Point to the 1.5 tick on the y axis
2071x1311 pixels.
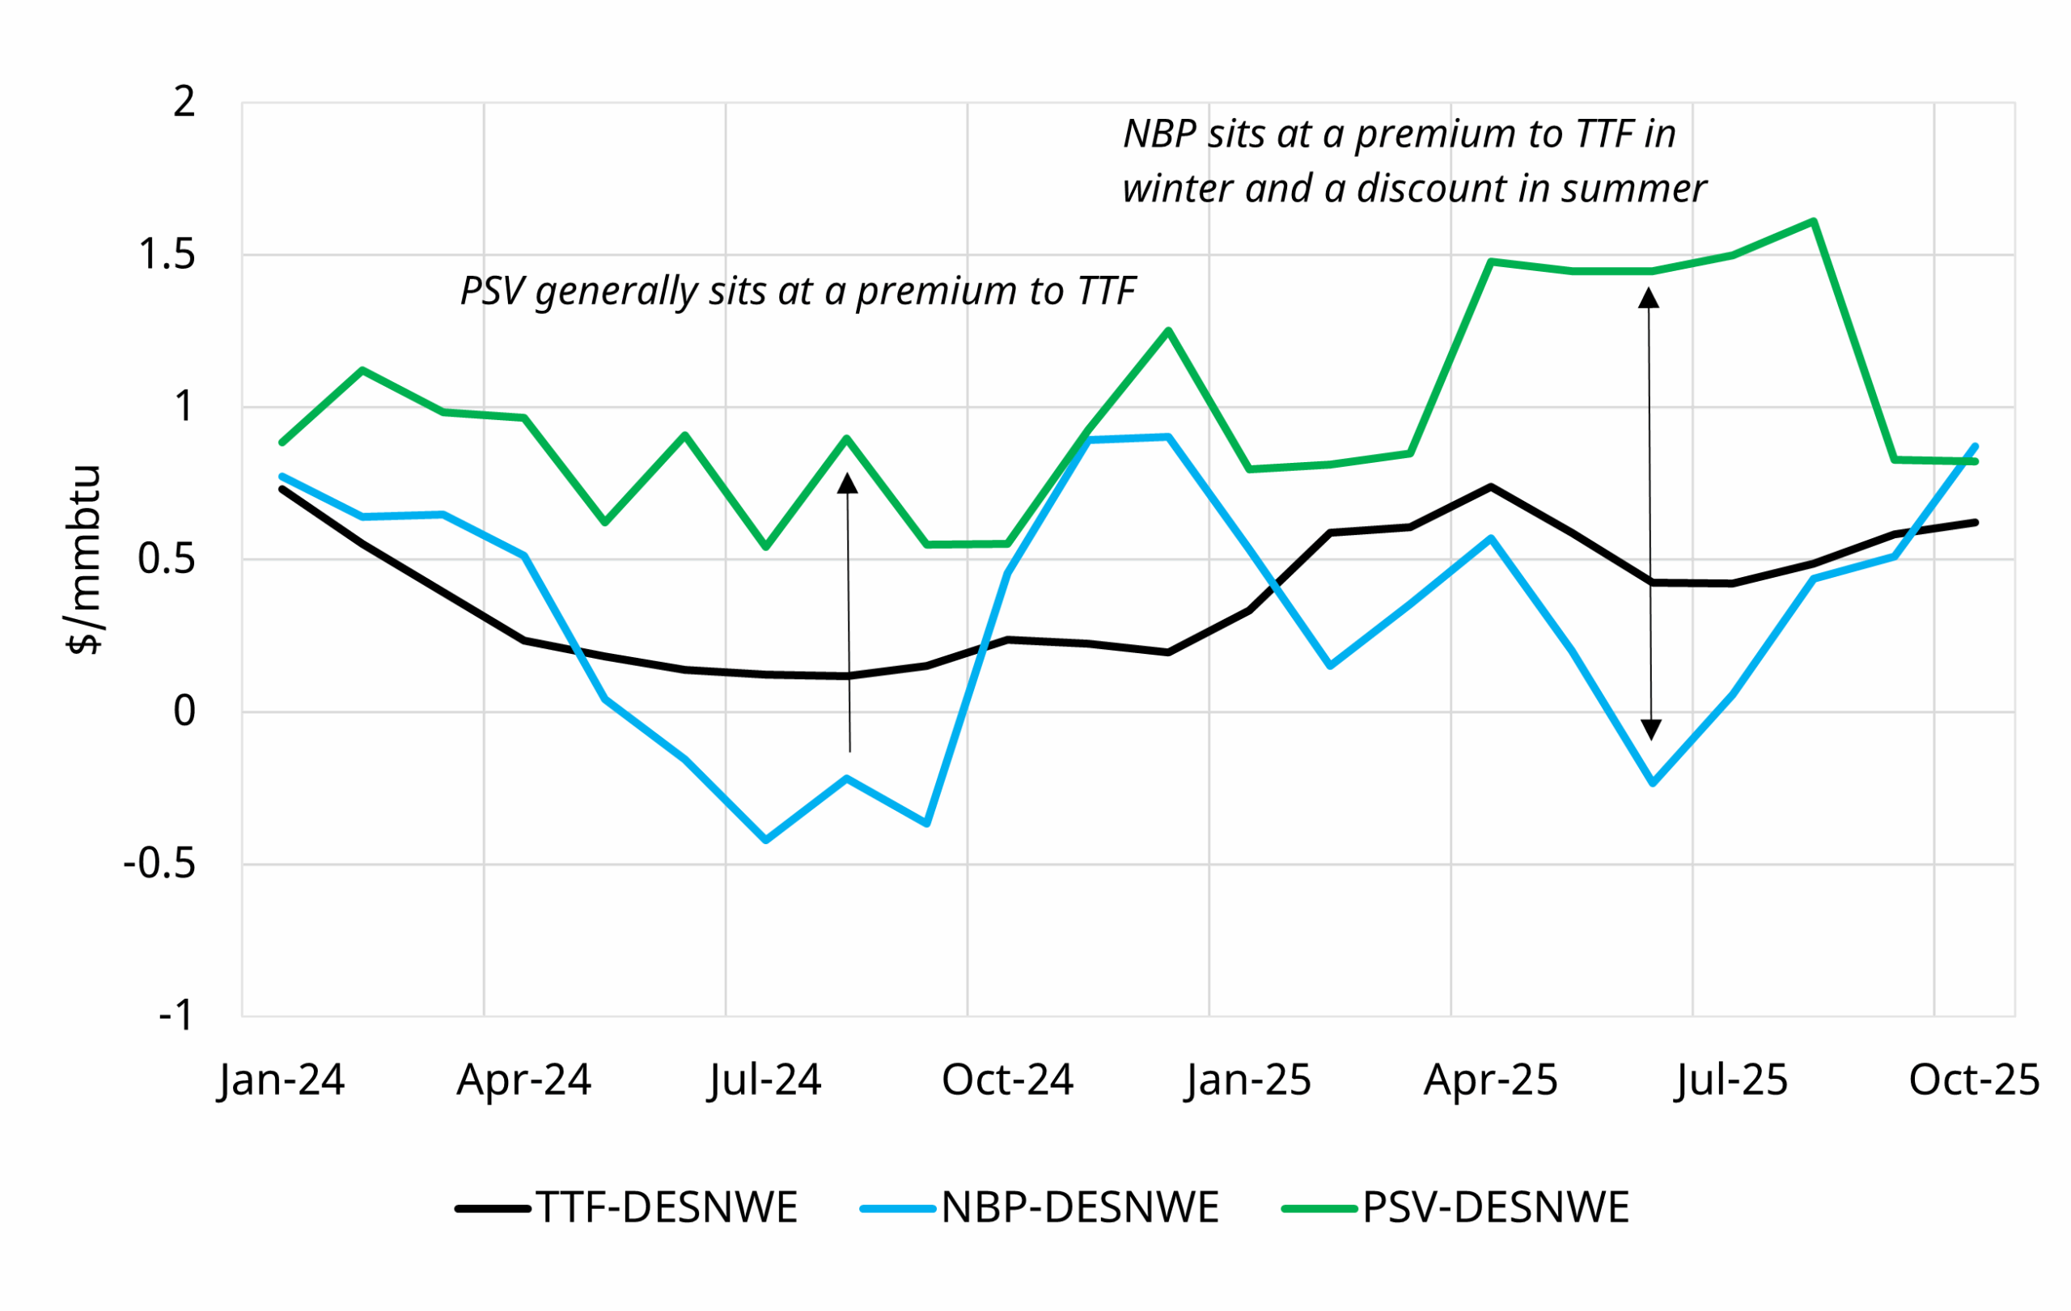pos(167,255)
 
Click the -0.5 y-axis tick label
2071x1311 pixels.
pos(160,864)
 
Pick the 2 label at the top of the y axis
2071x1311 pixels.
pos(184,102)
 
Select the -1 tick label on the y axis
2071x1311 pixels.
pos(176,1016)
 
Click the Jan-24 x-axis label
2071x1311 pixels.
pos(282,1080)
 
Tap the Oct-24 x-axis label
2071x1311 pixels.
pos(1007,1080)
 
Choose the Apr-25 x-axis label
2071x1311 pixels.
pos(1490,1080)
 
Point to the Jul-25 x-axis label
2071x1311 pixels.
pos(1731,1080)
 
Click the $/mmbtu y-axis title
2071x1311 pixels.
pos(84,560)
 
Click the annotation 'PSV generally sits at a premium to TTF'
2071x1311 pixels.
pos(798,291)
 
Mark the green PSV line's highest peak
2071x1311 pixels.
pos(1813,221)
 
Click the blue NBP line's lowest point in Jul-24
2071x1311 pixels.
pos(765,839)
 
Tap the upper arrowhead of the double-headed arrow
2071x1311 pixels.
pos(1648,299)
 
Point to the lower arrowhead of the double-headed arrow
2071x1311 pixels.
pos(1650,729)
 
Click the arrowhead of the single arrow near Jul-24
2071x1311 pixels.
pos(847,483)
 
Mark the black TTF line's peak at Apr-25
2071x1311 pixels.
pos(1490,486)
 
